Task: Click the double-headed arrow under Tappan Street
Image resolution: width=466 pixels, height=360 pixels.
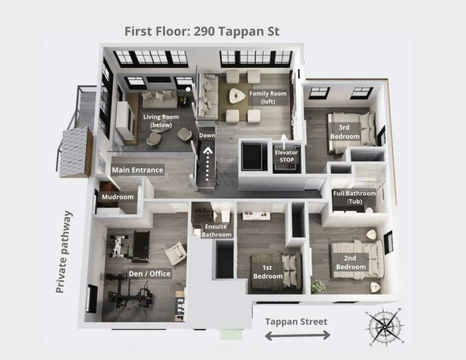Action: point(297,335)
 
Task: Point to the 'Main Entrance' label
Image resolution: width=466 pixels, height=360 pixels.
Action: point(137,170)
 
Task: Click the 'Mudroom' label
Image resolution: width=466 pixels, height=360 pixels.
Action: point(117,197)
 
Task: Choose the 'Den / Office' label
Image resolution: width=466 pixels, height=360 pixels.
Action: point(150,274)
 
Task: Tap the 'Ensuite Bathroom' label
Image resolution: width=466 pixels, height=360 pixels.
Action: point(217,230)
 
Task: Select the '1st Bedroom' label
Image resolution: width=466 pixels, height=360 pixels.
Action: point(268,272)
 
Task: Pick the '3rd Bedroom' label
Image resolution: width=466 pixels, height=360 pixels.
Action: point(345,132)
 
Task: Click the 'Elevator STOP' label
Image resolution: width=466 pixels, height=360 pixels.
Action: point(286,156)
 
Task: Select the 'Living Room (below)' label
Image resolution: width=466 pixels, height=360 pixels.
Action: point(157,121)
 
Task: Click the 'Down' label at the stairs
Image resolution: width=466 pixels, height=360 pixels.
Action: point(207,135)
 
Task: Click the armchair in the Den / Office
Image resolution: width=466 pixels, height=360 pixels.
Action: point(175,253)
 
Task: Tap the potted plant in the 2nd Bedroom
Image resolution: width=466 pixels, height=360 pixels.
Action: point(319,286)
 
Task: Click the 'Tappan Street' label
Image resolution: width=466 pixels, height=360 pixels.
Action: point(297,322)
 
